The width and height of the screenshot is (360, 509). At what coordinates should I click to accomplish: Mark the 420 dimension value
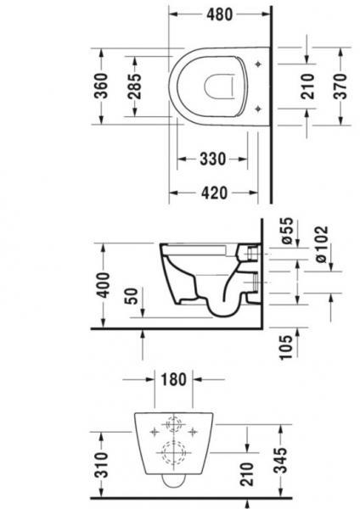click(216, 193)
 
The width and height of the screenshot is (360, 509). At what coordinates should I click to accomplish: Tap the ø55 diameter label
click(286, 231)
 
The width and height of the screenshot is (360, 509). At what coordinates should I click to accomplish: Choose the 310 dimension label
click(100, 465)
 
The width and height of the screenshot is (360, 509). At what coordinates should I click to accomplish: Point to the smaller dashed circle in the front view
click(175, 425)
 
